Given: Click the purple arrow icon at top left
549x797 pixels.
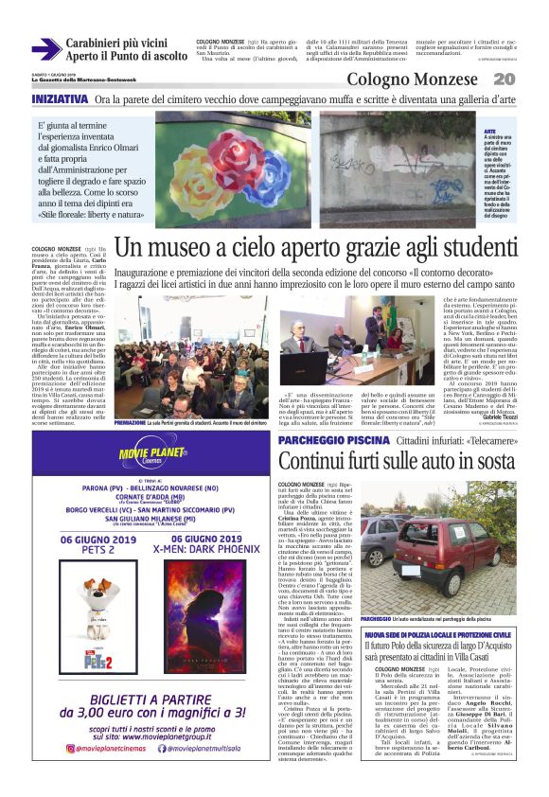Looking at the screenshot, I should pos(45,49).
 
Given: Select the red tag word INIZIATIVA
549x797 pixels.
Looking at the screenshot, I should pos(61,99).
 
